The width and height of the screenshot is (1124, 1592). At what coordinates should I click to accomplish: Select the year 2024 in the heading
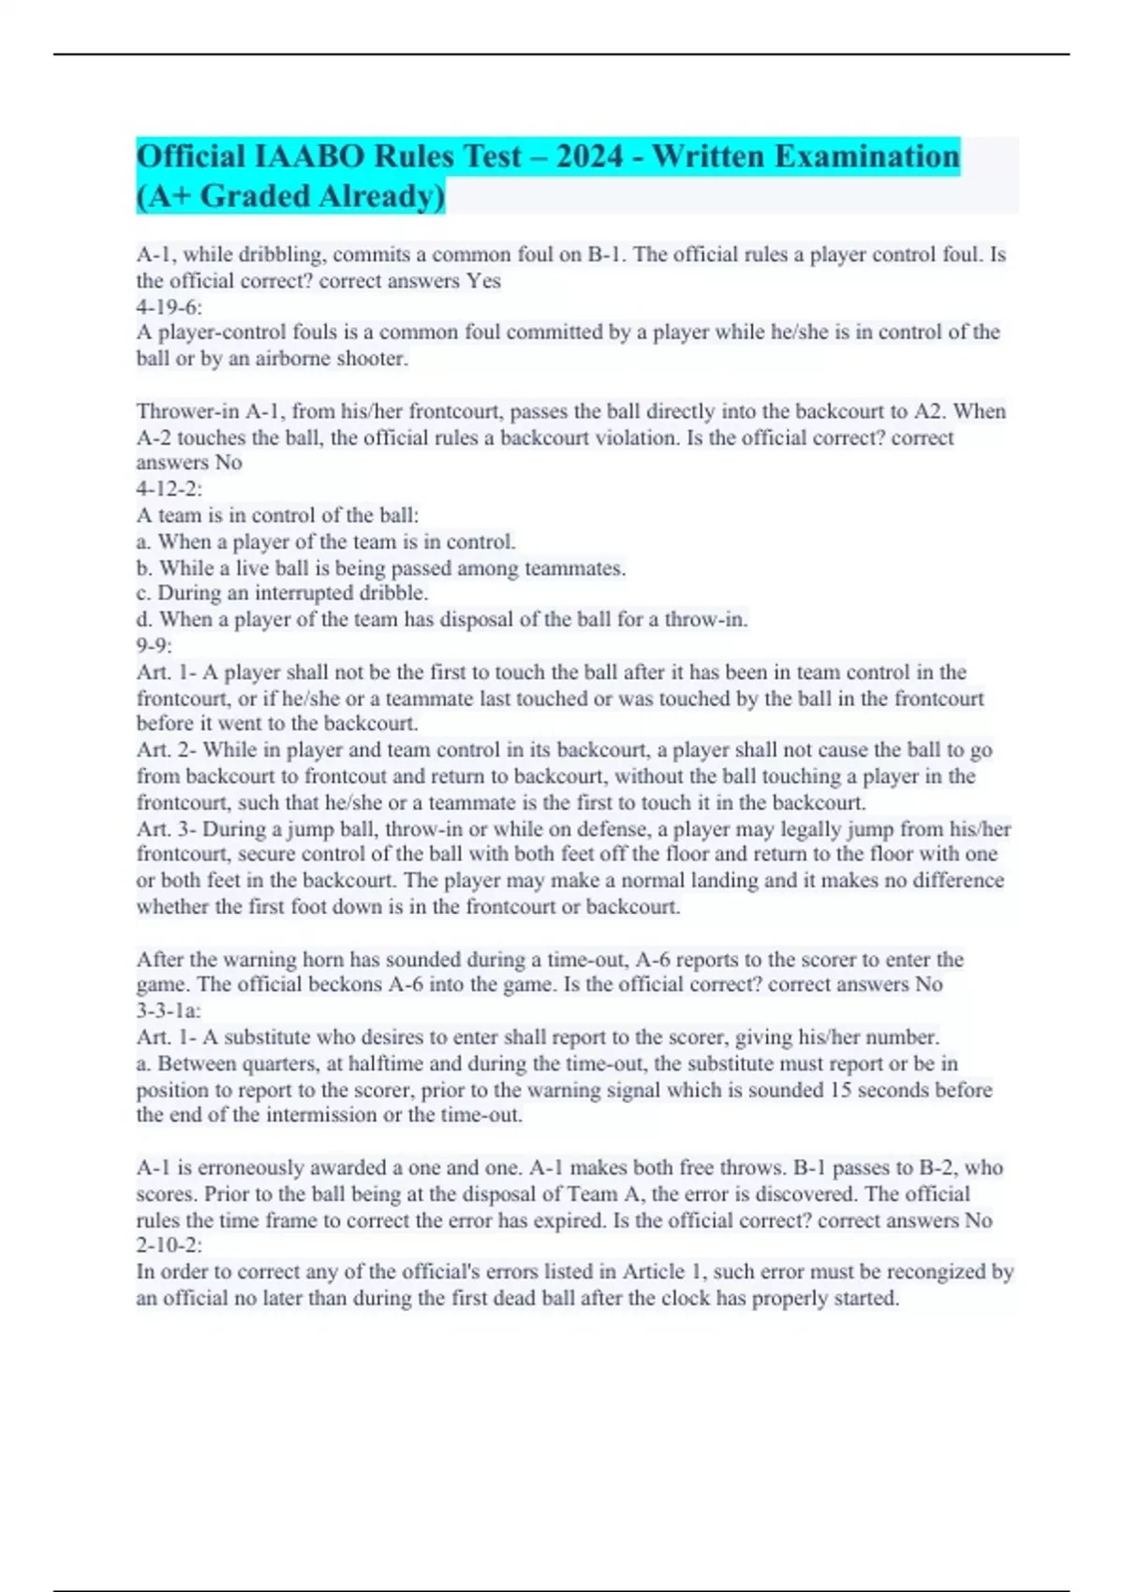coord(589,155)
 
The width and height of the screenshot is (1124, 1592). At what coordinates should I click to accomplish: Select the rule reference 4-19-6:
coord(170,307)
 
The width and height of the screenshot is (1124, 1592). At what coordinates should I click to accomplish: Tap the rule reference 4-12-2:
coord(170,489)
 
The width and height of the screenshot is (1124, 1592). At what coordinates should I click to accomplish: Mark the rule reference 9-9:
coord(155,645)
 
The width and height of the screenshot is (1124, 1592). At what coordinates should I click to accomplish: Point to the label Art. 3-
coord(167,829)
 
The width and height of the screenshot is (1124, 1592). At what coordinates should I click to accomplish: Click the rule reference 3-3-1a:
coord(170,1010)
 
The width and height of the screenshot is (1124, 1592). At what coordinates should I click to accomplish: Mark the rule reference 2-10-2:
coord(170,1246)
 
